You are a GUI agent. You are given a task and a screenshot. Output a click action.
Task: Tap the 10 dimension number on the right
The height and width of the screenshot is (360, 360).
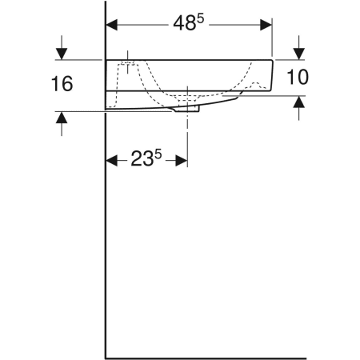pos(297,78)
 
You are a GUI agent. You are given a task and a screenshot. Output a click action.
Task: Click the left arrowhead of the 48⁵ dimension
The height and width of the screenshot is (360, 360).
pos(112,24)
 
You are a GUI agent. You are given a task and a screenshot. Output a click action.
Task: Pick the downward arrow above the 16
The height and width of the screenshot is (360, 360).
pos(62,54)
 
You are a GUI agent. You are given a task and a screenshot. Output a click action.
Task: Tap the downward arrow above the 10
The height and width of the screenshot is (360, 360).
pos(298,52)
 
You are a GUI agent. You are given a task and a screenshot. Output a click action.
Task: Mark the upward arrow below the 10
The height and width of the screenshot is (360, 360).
pos(298,102)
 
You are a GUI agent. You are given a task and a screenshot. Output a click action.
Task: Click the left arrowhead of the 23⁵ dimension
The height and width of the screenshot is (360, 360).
pos(112,160)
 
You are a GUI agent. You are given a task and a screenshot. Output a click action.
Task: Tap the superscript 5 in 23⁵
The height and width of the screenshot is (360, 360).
pos(158,154)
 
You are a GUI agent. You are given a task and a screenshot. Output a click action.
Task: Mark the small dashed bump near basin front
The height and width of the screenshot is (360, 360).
pos(255,84)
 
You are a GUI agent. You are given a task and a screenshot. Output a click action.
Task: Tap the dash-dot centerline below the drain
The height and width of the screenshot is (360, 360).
pos(188,132)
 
